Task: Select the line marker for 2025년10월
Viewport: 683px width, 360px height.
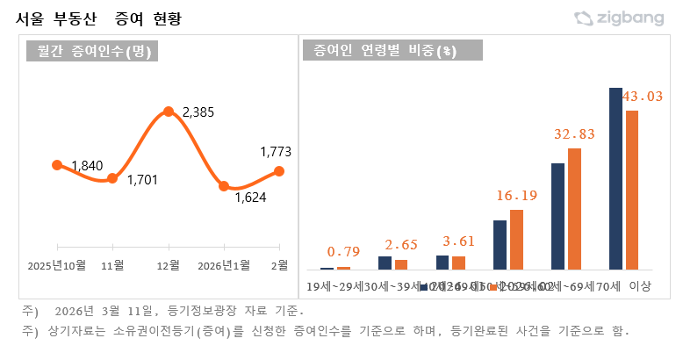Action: (x=57, y=165)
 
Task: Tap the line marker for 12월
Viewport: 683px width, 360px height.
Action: (x=168, y=112)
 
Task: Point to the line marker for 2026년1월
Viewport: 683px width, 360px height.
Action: (x=224, y=186)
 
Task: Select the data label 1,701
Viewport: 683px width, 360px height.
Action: (x=142, y=180)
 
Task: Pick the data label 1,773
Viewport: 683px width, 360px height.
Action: (x=276, y=152)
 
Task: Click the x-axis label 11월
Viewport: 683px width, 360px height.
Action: (x=112, y=264)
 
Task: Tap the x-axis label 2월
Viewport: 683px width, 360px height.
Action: (x=279, y=264)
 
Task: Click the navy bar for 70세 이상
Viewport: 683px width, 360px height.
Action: (x=615, y=178)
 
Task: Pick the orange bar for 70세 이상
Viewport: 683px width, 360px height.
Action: (x=631, y=190)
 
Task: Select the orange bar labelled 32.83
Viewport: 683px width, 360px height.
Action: (x=574, y=208)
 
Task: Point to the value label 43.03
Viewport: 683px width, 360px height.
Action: (x=642, y=96)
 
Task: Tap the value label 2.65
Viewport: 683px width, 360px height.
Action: (x=400, y=243)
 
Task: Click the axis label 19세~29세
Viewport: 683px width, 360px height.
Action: (x=334, y=286)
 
